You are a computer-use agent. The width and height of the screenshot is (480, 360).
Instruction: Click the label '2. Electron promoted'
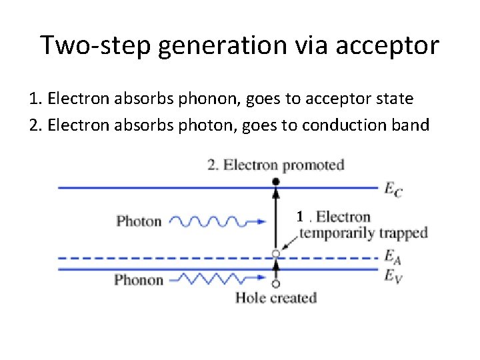click(x=275, y=165)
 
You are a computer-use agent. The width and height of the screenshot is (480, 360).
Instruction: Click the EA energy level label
click(x=392, y=256)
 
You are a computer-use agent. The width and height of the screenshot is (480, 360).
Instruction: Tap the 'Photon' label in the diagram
click(x=139, y=221)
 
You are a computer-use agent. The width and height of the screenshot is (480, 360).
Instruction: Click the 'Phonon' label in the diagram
click(x=139, y=279)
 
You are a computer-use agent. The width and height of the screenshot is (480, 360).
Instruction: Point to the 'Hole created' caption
click(x=275, y=297)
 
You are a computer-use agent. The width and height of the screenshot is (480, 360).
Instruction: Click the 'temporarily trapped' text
click(x=363, y=233)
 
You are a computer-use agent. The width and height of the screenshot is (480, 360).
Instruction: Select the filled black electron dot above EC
click(x=275, y=181)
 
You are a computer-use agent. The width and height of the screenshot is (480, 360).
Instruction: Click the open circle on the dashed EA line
click(x=275, y=254)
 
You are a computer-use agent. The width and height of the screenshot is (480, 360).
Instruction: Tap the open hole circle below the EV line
click(x=275, y=283)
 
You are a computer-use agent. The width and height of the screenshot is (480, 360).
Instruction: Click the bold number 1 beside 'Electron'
click(x=301, y=216)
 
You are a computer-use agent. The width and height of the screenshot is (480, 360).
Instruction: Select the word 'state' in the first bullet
click(x=396, y=99)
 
